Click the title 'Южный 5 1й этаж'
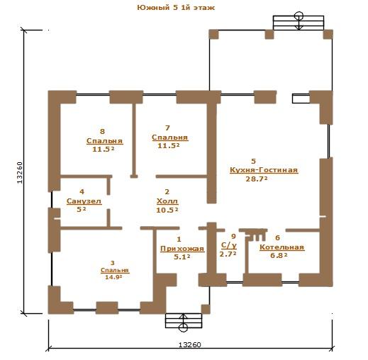coord(176,8)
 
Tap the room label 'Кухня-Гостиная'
coord(264,170)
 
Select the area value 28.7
coord(257,179)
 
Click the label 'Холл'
coord(167,201)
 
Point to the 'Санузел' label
coord(84,201)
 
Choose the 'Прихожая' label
coord(182,249)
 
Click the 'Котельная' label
coord(281,247)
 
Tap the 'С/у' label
coord(228,246)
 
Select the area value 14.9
coord(113,277)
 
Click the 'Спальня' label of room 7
coord(170,137)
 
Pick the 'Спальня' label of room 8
coord(104,141)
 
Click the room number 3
coord(113,263)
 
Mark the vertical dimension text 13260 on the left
coord(19,173)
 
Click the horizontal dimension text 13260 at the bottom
coord(189,345)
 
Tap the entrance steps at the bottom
coord(184,320)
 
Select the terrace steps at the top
coord(299,23)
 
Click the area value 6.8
coord(279,255)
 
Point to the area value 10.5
coord(167,210)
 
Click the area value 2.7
coord(228,254)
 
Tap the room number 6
coord(278,238)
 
